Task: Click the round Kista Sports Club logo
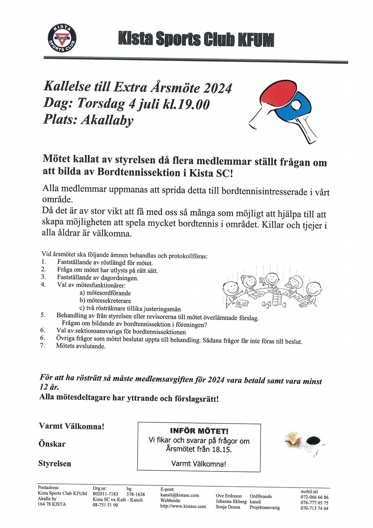click(x=62, y=38)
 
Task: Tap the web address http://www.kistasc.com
click(x=183, y=507)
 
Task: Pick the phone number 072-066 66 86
click(x=314, y=497)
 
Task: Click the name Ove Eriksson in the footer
click(x=229, y=496)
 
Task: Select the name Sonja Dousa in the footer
click(x=228, y=507)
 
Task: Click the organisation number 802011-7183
click(x=106, y=494)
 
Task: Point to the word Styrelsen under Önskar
click(x=55, y=464)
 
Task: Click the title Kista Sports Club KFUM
click(x=196, y=40)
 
